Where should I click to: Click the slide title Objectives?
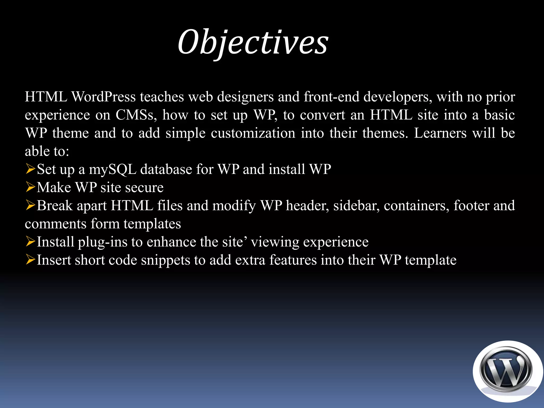[253, 42]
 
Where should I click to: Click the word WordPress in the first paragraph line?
[104, 97]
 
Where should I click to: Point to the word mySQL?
[112, 169]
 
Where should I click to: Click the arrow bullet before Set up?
[30, 169]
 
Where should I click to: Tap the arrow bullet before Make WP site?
[30, 187]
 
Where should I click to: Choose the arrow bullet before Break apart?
[30, 205]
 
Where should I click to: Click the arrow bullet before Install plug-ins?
[30, 241]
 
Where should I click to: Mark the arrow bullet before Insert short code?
[30, 260]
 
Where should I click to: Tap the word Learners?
[440, 133]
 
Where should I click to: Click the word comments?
[56, 224]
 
